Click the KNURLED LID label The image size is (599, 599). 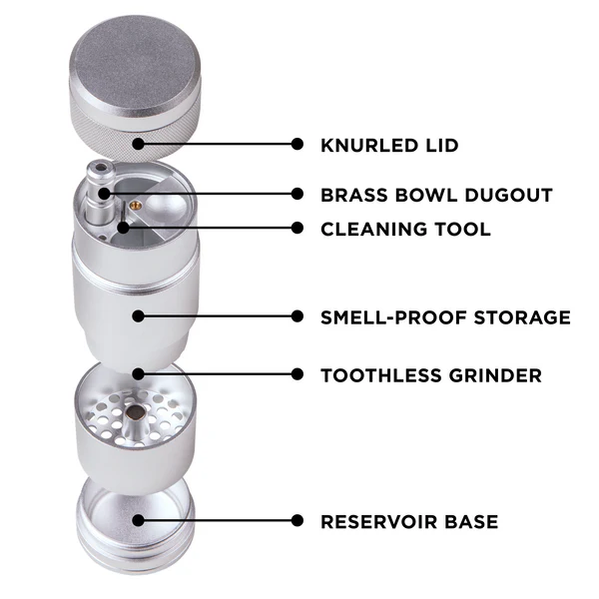coord(389,145)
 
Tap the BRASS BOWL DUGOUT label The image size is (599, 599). coord(436,195)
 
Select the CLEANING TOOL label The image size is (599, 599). coord(405,229)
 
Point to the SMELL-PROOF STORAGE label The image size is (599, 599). coord(445,317)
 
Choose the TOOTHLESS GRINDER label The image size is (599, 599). coord(431,375)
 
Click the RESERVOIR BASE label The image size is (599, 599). coord(409,521)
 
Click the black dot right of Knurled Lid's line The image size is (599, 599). coord(297,144)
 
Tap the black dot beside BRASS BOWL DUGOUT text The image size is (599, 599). coord(297,194)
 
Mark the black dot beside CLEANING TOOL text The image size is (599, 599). coord(297,228)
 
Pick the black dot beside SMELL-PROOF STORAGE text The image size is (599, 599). coord(297,316)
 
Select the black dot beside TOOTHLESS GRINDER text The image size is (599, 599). coord(297,374)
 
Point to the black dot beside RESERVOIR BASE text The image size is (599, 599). coord(297,520)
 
